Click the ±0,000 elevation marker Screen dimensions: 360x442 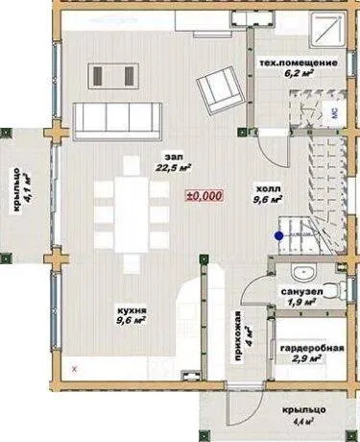click(204, 196)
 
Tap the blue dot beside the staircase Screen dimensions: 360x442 click(278, 236)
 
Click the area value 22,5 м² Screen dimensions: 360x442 click(173, 167)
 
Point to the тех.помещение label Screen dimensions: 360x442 click(299, 62)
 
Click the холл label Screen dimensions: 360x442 click(268, 188)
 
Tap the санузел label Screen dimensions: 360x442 click(301, 292)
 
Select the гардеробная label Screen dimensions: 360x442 click(312, 348)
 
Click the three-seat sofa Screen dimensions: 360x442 click(117, 121)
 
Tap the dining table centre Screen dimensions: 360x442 click(132, 214)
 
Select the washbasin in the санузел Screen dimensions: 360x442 click(303, 273)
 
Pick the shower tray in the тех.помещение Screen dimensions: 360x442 click(327, 30)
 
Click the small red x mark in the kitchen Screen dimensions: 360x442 click(75, 369)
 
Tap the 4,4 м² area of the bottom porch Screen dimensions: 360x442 click(303, 421)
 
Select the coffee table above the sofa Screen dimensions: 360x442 click(113, 76)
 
